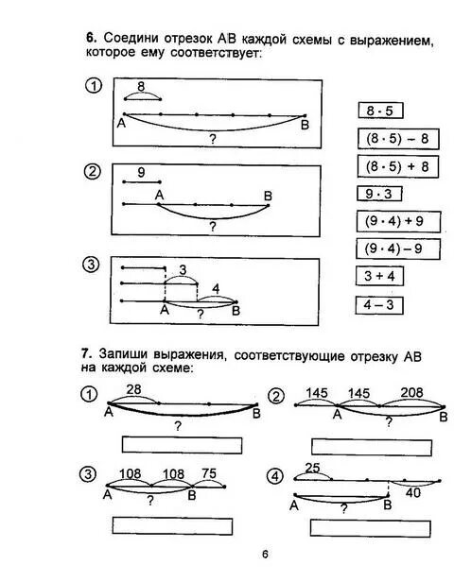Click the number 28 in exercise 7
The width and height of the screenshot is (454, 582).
132,389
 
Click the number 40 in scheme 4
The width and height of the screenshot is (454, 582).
413,490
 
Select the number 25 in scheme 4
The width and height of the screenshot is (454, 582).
313,469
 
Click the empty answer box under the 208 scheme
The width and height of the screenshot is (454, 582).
372,444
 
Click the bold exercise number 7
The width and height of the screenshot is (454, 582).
85,353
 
